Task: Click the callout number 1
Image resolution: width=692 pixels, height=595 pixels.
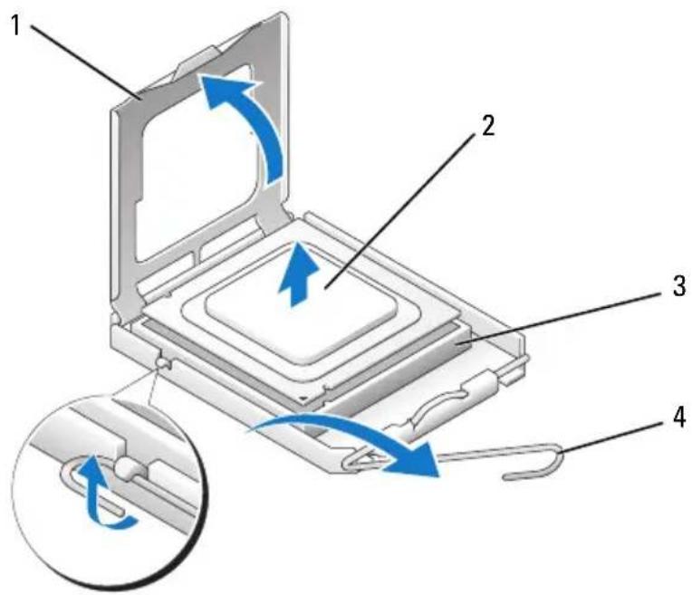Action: pyautogui.click(x=16, y=25)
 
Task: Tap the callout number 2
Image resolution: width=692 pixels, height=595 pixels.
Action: pyautogui.click(x=488, y=126)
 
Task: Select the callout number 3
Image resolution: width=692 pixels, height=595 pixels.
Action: pyautogui.click(x=678, y=286)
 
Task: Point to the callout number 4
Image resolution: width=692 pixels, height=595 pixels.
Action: pyautogui.click(x=678, y=417)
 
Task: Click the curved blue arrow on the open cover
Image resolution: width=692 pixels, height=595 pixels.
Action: pyautogui.click(x=256, y=120)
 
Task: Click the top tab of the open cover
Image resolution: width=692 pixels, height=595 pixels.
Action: pyautogui.click(x=198, y=61)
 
